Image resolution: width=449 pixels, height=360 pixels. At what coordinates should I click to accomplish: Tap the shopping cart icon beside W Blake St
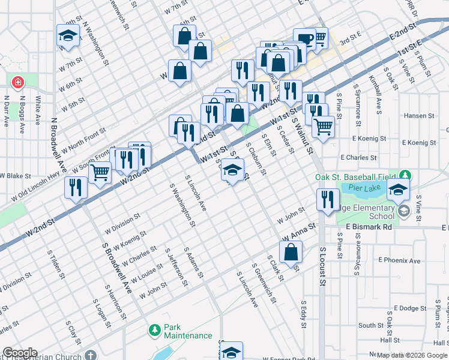100,172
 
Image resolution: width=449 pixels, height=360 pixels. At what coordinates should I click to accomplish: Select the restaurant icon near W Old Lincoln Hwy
76,187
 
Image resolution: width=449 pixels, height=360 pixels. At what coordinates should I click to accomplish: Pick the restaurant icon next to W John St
327,199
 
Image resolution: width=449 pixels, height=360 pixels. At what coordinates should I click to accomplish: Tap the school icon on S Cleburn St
232,170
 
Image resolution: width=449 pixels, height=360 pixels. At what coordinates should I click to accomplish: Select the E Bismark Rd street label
369,227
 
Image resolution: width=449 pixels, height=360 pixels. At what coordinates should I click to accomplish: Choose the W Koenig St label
125,241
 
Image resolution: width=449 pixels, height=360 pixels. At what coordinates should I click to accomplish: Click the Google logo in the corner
20,353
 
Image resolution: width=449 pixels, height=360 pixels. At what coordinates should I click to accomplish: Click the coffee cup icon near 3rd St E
304,38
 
